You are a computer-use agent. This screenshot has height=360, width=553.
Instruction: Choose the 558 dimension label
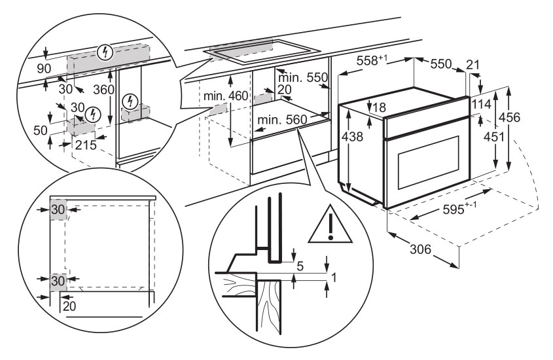(x=372, y=61)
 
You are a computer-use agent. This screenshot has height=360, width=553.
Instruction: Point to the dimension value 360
(x=104, y=89)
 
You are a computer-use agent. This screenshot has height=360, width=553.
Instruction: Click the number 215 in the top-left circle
(x=86, y=144)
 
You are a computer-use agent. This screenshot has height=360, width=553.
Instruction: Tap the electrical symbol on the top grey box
(x=103, y=50)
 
